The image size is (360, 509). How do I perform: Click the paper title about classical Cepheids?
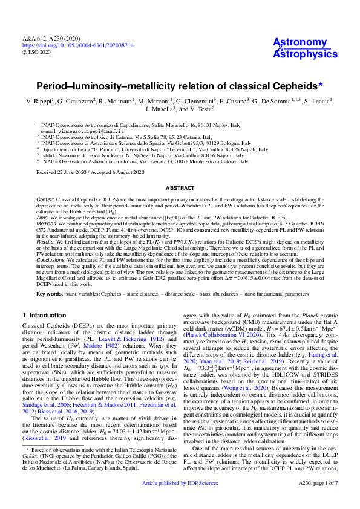(x=180, y=86)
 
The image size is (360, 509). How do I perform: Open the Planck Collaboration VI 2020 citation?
(x=220, y=351)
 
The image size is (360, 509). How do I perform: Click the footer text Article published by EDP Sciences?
(x=180, y=500)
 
